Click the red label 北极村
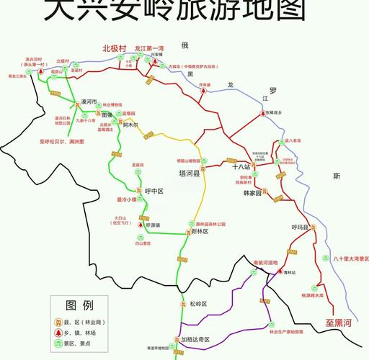pyautogui.click(x=115, y=48)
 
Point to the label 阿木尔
pyautogui.click(x=130, y=125)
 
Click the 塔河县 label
pyautogui.click(x=190, y=173)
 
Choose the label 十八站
pyautogui.click(x=241, y=166)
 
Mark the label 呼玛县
pyautogui.click(x=300, y=228)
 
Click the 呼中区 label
pyautogui.click(x=155, y=192)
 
